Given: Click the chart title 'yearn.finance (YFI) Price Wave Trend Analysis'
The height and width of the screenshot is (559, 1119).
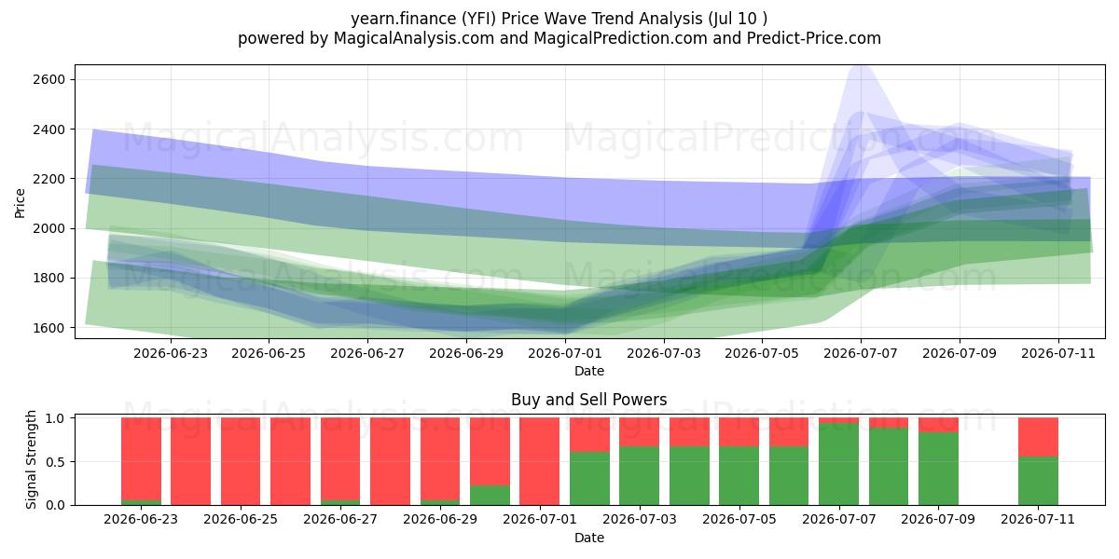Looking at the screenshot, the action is (527, 19).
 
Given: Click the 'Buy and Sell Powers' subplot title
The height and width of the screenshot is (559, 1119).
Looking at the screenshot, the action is (589, 400).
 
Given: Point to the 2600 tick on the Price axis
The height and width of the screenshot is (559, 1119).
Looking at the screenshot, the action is (48, 79).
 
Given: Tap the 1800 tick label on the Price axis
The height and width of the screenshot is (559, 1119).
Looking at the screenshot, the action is (48, 278).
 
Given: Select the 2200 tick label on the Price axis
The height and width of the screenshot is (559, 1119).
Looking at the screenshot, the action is (48, 179).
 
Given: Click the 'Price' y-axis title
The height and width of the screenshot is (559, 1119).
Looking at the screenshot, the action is (20, 203).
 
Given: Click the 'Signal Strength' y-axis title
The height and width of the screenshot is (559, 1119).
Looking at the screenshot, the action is (31, 459).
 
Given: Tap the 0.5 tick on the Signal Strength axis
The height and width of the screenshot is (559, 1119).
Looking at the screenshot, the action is (55, 462).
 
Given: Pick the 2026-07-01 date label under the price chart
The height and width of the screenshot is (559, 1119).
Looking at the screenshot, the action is (565, 353).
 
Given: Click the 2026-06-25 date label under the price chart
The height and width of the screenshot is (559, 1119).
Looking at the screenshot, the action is (269, 353).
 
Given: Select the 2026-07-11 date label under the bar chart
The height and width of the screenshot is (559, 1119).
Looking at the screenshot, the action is (1038, 520).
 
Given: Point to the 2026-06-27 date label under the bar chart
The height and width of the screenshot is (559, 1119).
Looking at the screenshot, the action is (340, 520).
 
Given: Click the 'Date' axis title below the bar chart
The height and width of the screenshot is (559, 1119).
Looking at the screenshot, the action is (589, 539).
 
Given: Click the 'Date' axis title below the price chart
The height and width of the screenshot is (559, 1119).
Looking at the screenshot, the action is (589, 372).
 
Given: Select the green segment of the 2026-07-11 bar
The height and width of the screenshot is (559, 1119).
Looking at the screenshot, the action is (1038, 481).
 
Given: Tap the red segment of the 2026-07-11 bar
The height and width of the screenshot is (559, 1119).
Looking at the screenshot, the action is (1038, 437).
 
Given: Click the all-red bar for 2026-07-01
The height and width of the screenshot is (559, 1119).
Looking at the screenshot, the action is (540, 461).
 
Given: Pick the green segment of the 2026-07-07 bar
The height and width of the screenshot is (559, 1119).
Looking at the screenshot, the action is (838, 464).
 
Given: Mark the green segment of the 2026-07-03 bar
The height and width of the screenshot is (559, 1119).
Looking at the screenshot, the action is (640, 476).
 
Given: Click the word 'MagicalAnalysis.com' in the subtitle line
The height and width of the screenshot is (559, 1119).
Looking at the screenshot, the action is (414, 38).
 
